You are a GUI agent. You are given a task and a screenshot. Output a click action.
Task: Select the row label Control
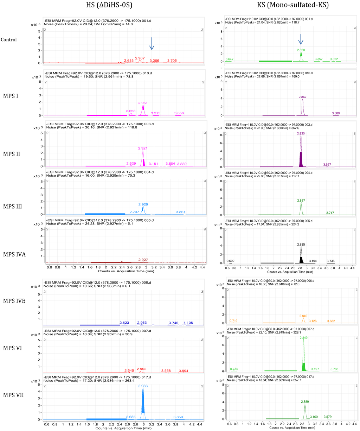click(9, 39)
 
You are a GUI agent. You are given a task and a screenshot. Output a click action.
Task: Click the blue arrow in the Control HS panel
click(152, 44)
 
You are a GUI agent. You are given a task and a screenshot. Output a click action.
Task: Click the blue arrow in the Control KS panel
click(301, 39)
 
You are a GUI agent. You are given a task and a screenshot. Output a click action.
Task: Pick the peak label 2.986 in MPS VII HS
click(143, 386)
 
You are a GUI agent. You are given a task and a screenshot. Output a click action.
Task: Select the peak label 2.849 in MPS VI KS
click(304, 338)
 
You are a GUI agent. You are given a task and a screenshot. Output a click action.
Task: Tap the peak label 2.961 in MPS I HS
click(143, 103)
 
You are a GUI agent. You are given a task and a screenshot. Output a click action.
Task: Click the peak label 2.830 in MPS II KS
click(301, 133)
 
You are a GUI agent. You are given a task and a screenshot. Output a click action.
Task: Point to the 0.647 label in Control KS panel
click(230, 59)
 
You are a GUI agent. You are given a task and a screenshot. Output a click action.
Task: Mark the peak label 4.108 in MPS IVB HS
click(188, 323)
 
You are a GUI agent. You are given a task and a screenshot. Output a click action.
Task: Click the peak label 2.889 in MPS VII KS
click(305, 401)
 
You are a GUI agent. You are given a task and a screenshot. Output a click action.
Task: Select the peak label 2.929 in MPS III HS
click(143, 204)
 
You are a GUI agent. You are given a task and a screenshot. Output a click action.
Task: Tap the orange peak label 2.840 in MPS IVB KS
click(303, 316)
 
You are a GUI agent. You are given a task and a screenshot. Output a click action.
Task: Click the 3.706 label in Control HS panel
click(172, 61)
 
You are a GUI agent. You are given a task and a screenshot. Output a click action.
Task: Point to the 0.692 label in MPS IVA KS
click(231, 261)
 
